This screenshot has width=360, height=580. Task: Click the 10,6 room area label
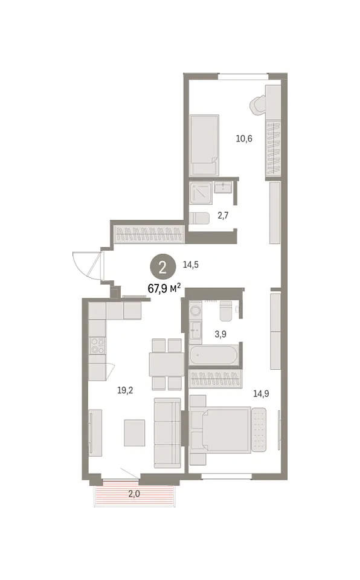tap(244, 139)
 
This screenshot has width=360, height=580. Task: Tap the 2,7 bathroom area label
tap(223, 215)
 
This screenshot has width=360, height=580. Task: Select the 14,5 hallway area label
tap(191, 265)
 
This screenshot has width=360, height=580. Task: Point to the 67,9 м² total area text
tap(164, 288)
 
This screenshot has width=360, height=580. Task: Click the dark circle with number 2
tap(162, 267)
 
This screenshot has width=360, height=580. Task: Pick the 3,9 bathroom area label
tap(220, 334)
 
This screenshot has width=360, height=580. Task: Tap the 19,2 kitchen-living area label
tap(125, 390)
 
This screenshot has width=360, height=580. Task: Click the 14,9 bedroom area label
tap(261, 393)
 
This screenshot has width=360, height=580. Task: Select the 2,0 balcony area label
tap(134, 494)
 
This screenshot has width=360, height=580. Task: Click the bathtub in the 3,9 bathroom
tap(213, 355)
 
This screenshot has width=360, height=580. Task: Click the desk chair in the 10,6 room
tap(258, 105)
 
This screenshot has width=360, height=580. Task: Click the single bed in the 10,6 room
tap(205, 145)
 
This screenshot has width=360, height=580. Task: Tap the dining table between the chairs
tap(167, 364)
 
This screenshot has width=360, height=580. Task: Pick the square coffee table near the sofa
tap(135, 433)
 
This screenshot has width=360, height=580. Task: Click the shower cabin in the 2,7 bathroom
tap(201, 193)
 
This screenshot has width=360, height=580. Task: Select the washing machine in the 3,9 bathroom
tap(195, 310)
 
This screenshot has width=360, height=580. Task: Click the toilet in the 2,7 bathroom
tap(199, 217)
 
